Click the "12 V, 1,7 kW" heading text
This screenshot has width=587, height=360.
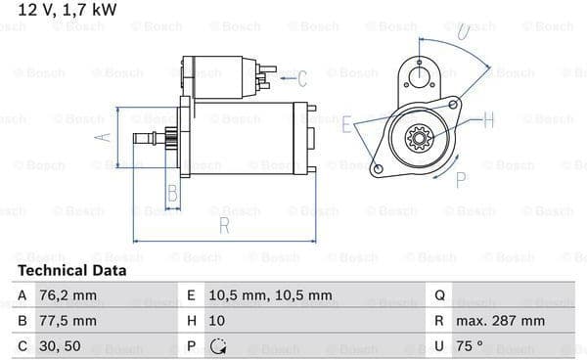tap(68, 10)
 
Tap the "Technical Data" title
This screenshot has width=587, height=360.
tap(71, 271)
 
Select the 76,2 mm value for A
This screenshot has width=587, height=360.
tap(68, 295)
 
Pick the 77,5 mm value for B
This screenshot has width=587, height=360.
tap(68, 321)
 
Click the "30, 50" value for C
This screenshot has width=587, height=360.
tap(60, 346)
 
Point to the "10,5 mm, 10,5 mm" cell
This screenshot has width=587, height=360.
tap(270, 295)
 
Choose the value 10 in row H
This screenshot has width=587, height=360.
tap(217, 321)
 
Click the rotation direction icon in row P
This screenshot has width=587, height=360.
tap(217, 346)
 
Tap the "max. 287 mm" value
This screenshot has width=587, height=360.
tap(500, 321)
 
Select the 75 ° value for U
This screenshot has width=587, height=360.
tap(470, 345)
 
